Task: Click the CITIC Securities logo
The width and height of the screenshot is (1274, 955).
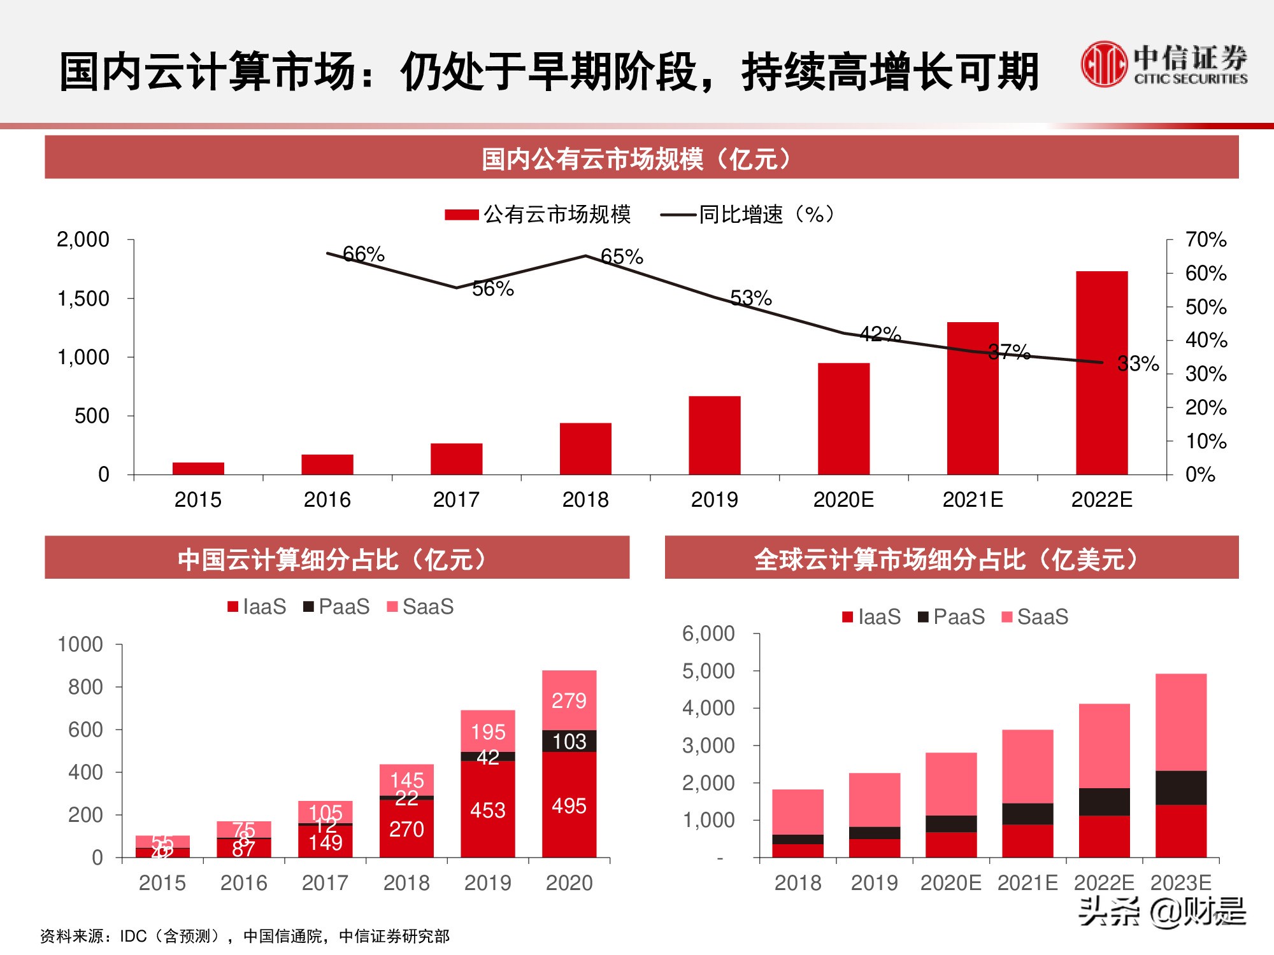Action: point(1163,64)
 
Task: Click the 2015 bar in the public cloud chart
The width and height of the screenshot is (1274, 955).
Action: point(198,468)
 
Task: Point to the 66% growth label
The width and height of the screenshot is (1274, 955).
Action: point(364,254)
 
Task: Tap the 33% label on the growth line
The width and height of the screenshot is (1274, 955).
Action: point(1138,364)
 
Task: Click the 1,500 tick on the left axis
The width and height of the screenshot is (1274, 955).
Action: point(83,299)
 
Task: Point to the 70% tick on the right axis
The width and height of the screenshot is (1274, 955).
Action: point(1205,240)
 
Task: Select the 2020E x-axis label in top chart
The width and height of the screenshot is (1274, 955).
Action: point(843,500)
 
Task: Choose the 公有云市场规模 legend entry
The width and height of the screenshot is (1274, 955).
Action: point(538,215)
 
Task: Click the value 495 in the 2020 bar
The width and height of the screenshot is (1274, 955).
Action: point(569,806)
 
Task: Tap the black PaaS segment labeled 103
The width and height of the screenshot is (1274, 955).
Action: point(569,741)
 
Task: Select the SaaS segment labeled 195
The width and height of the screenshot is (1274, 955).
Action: point(488,732)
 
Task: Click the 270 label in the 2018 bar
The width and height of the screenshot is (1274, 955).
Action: point(406,829)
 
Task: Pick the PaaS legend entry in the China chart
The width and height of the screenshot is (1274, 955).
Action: point(336,607)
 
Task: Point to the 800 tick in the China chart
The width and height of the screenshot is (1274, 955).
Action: point(85,687)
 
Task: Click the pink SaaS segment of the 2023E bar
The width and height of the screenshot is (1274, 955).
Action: point(1180,723)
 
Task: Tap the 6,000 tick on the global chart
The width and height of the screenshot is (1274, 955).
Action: point(708,633)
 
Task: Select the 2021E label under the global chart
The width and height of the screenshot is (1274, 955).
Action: point(1027,883)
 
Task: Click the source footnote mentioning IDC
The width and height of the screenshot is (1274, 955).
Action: point(245,936)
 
